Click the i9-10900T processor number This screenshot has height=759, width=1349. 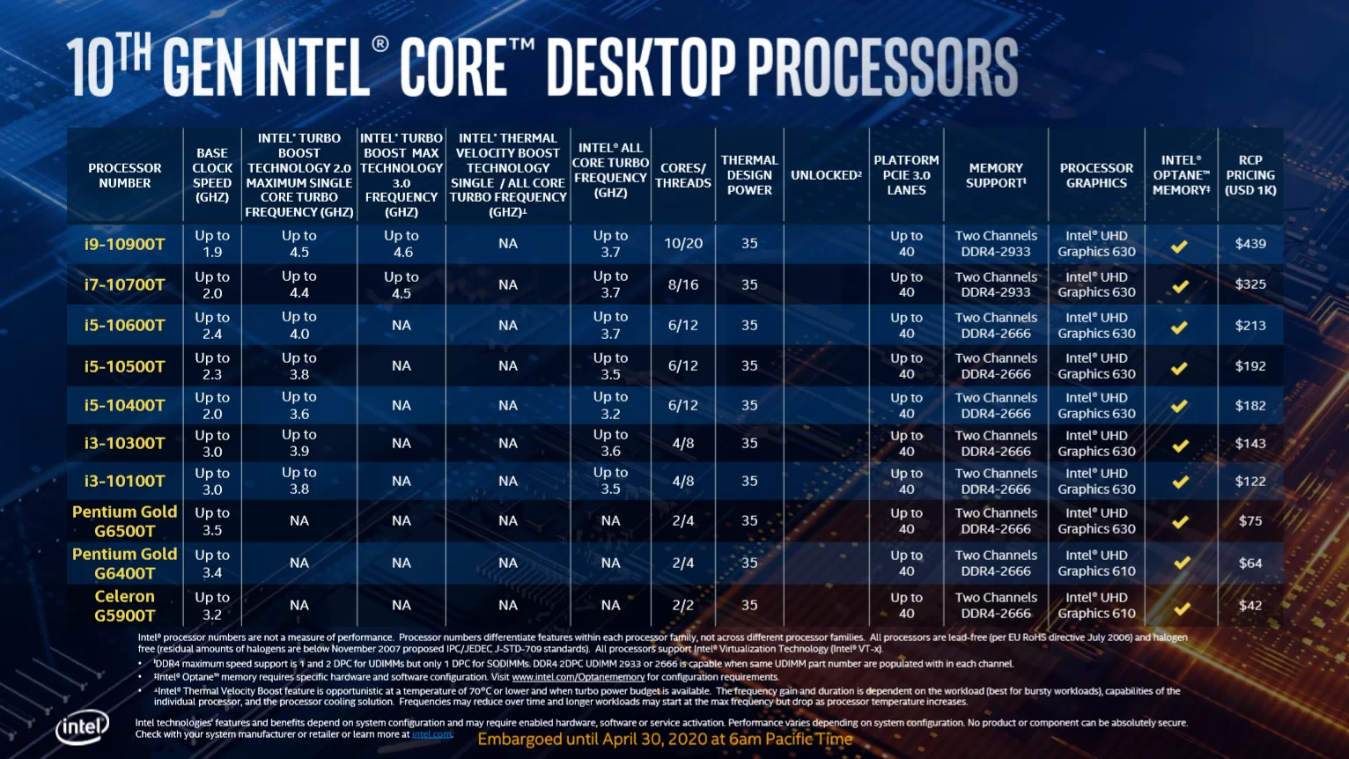[x=124, y=244]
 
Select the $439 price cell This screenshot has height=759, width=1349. [x=1250, y=244]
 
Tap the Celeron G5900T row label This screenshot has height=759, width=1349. [x=124, y=606]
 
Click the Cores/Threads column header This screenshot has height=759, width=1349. [x=683, y=175]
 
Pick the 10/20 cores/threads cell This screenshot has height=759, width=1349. [x=683, y=244]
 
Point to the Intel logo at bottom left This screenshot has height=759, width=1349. [x=82, y=728]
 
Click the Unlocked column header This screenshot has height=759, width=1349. [x=826, y=175]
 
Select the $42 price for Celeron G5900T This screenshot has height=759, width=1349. [x=1250, y=606]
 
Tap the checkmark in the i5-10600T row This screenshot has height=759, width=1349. [x=1180, y=327]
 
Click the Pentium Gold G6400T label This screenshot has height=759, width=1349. [x=124, y=564]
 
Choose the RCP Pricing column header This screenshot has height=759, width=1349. [x=1250, y=175]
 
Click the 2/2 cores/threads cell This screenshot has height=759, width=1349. [x=683, y=606]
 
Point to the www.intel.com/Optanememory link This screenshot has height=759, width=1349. [x=579, y=677]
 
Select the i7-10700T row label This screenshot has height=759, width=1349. [x=124, y=284]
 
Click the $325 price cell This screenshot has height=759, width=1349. [x=1250, y=284]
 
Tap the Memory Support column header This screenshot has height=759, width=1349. [x=996, y=175]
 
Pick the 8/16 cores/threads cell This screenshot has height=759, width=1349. [x=683, y=284]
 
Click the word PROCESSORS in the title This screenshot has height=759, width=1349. [x=883, y=67]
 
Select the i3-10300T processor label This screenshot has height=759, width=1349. [x=124, y=443]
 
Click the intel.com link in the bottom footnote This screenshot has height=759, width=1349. [x=431, y=734]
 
